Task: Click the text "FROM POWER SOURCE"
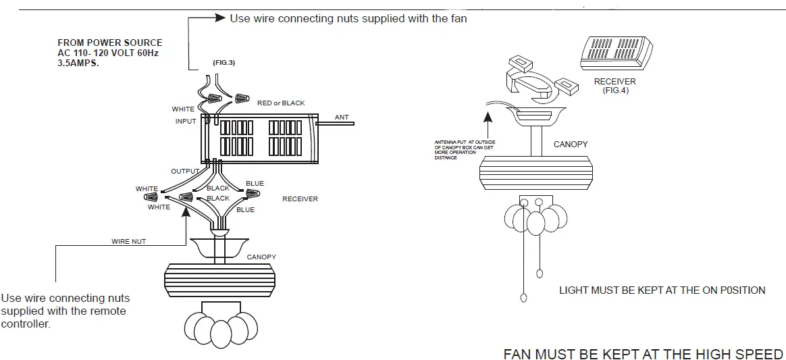[x=109, y=43]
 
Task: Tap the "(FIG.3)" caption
[x=224, y=63]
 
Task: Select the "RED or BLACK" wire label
[x=281, y=103]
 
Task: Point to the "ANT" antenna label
[x=342, y=118]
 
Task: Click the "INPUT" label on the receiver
[x=186, y=122]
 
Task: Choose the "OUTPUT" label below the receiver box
[x=185, y=172]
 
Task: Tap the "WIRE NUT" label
[x=128, y=241]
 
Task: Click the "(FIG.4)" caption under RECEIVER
[x=615, y=90]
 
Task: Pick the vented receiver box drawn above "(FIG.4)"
[x=616, y=53]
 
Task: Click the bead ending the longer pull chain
[x=523, y=298]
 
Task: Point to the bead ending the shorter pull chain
[x=539, y=274]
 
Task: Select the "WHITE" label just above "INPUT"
[x=183, y=109]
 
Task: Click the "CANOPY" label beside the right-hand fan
[x=571, y=145]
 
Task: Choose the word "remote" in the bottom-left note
[x=107, y=311]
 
